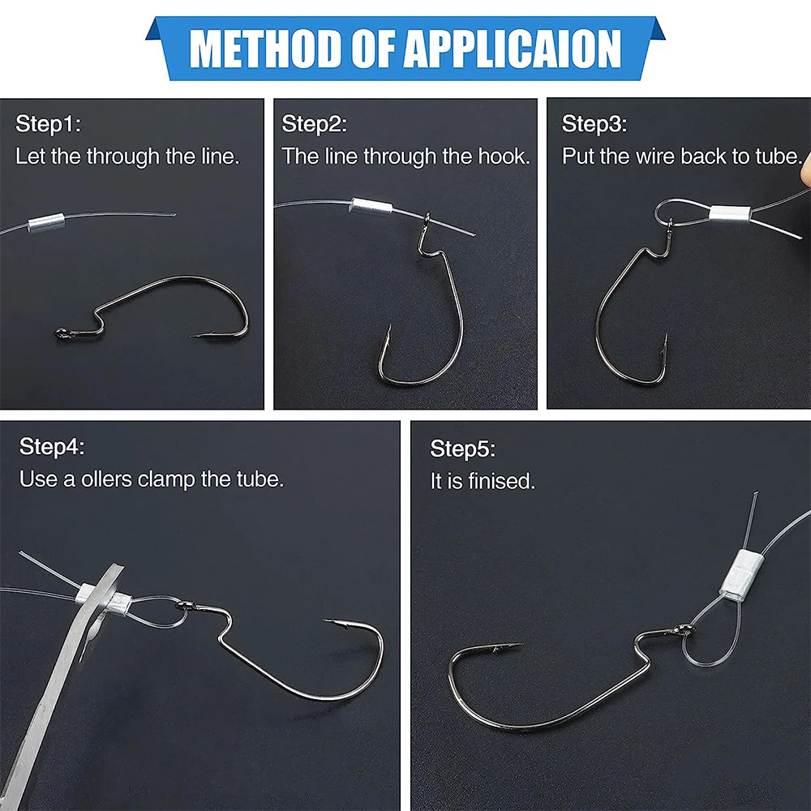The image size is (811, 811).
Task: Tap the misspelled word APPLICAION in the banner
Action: [513, 49]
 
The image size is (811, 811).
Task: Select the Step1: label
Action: [48, 124]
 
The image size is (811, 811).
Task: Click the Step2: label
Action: [315, 124]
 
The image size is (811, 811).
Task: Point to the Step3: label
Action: [594, 124]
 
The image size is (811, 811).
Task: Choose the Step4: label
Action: [52, 447]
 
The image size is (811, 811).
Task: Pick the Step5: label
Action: [463, 449]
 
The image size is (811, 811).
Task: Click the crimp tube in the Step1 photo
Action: [46, 223]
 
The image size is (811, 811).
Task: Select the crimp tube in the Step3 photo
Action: [731, 213]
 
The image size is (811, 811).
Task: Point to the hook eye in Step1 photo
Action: [62, 333]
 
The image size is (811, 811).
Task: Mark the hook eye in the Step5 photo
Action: [685, 630]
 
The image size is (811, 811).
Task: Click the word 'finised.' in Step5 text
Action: [502, 481]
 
